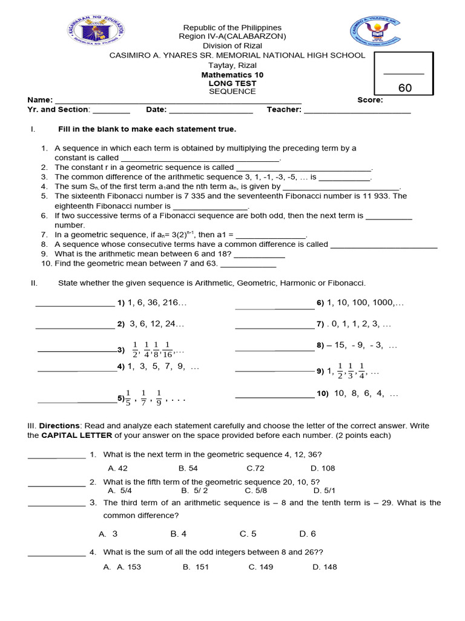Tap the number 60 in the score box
404,88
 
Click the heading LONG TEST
232,83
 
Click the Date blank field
211,110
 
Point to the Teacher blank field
357,110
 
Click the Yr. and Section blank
111,110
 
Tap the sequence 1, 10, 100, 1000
365,303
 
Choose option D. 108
323,468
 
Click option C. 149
262,567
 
